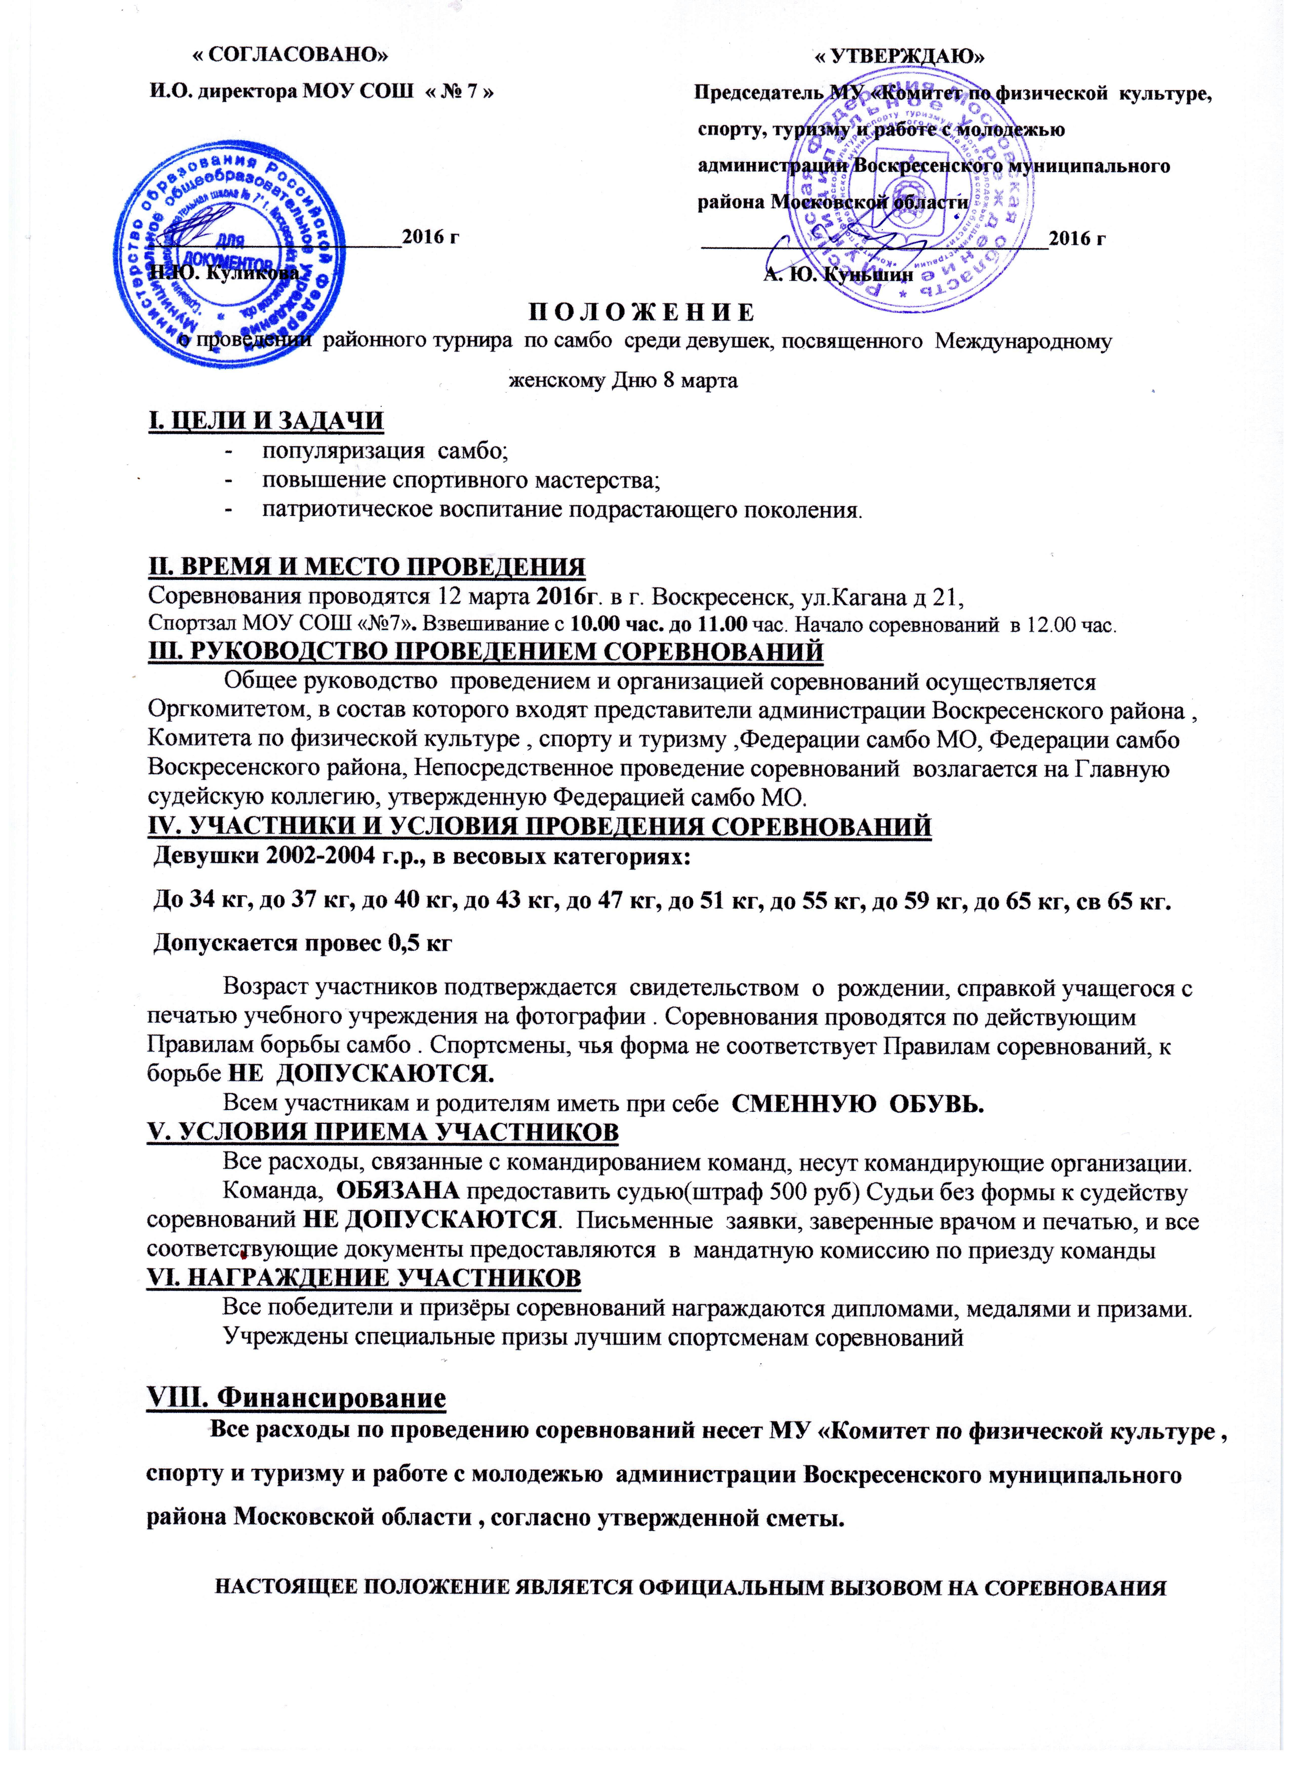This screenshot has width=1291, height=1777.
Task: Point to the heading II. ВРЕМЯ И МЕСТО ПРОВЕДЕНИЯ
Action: click(367, 567)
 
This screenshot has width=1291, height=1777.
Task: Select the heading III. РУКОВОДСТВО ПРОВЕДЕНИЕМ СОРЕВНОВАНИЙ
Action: click(486, 652)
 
